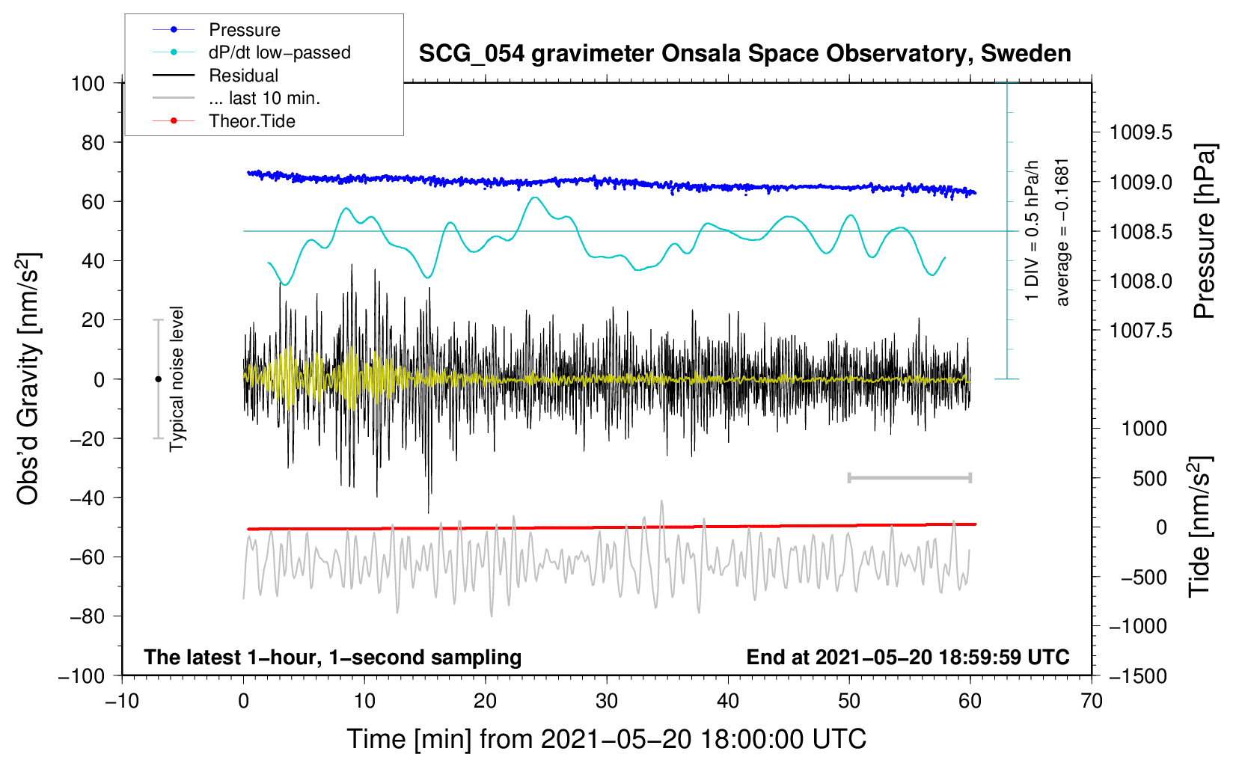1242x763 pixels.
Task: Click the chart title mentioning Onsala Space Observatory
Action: [x=744, y=54]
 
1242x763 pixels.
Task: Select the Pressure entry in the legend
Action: [x=244, y=30]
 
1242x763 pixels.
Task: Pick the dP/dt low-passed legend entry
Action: [x=279, y=52]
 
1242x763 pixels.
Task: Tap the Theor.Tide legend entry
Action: [x=251, y=121]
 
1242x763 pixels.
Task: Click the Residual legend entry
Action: [x=243, y=76]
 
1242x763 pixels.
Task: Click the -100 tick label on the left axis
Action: [x=82, y=675]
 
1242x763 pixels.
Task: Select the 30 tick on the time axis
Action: [x=607, y=701]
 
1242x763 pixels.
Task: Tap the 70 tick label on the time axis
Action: [x=1092, y=701]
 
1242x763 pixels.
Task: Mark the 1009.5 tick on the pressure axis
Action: [x=1141, y=133]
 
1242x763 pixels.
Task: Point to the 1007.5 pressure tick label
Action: [x=1141, y=331]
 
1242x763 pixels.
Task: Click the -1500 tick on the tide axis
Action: [x=1138, y=675]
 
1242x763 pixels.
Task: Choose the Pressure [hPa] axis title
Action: [x=1204, y=232]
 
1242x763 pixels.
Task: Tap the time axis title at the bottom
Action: [x=607, y=739]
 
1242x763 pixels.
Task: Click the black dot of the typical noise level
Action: [x=158, y=379]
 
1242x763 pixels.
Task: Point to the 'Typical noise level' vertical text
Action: [x=177, y=379]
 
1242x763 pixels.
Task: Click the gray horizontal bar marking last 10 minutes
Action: [x=909, y=477]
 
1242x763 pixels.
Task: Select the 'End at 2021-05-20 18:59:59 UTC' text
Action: [x=908, y=658]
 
